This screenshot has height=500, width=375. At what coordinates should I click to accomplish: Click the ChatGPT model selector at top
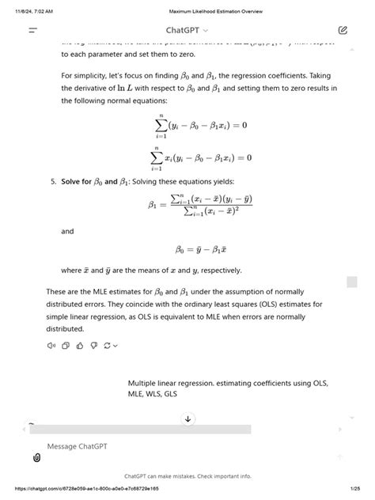[x=187, y=30]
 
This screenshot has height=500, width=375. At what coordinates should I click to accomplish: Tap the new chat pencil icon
[x=342, y=30]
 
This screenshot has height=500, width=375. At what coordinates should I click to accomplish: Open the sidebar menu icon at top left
[x=33, y=30]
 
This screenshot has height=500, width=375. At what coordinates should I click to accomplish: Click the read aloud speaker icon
[x=51, y=345]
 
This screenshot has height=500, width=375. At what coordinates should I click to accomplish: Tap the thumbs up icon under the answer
[x=80, y=345]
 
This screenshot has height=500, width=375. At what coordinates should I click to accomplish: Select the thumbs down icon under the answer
[x=93, y=345]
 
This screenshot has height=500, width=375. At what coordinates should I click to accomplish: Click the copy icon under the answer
[x=66, y=345]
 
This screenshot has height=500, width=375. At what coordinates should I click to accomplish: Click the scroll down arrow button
[x=187, y=419]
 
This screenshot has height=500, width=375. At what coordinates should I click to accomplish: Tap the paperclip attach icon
[x=36, y=457]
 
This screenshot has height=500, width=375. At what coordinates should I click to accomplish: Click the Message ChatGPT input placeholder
[x=78, y=446]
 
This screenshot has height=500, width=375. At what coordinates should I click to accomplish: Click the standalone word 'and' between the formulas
[x=67, y=232]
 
